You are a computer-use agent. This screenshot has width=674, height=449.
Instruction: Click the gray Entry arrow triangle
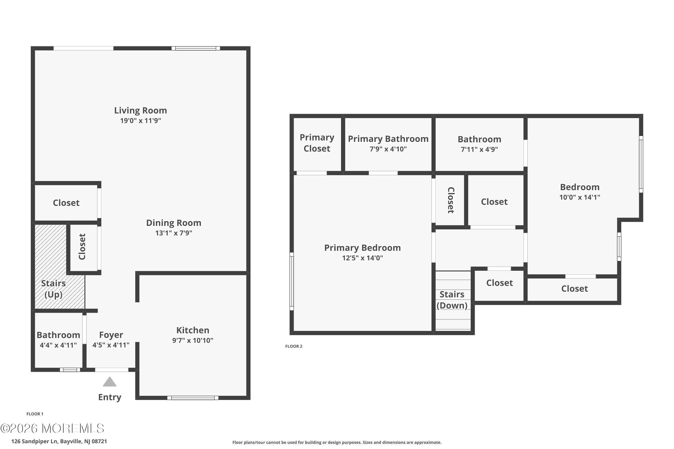point(109,382)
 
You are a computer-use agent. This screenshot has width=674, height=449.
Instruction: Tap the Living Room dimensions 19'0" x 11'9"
point(140,121)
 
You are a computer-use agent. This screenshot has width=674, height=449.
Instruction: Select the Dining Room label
point(174,223)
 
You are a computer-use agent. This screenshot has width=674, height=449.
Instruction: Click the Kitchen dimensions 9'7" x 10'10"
point(193,340)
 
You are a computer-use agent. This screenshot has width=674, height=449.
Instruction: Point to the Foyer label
point(111,335)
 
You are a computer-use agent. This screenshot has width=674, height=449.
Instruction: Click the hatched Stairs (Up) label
point(53,289)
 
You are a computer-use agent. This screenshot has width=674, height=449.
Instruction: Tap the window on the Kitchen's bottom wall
point(193,398)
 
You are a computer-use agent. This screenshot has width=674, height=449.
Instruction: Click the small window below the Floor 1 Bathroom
point(70,370)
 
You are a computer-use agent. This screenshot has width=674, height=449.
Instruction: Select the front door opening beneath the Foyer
point(111,370)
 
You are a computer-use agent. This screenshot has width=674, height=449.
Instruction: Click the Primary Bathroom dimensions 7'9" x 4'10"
point(388,149)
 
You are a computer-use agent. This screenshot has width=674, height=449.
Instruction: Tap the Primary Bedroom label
point(362,248)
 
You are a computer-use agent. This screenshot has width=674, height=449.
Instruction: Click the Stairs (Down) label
point(452,300)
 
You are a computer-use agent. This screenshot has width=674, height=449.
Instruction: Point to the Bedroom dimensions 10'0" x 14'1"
point(579,197)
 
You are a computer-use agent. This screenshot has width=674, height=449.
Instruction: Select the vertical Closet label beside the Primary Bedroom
point(451,200)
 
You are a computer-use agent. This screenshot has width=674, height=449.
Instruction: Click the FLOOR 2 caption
point(294,346)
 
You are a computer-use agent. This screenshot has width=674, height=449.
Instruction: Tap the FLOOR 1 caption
point(35,414)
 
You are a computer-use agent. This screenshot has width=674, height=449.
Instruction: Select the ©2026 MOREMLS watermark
point(52,429)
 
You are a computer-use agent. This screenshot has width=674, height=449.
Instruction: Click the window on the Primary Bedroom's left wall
point(292,281)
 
